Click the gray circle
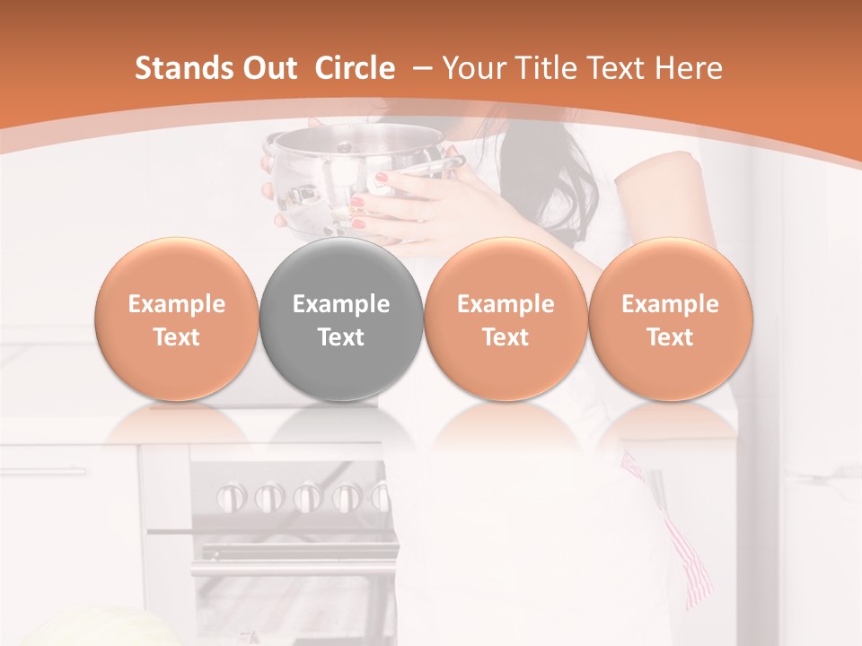click(341, 319)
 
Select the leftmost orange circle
click(177, 319)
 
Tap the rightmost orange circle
click(670, 319)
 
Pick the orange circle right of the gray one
click(506, 319)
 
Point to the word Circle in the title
click(355, 68)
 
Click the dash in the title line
click(422, 68)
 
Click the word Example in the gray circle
click(341, 304)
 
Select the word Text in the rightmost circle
click(670, 337)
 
